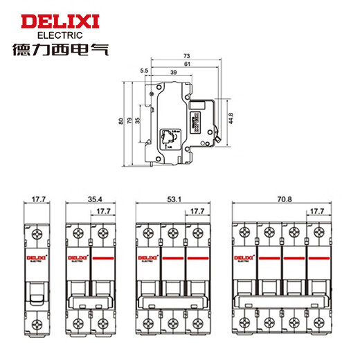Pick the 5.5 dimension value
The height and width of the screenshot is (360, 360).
pos(144,71)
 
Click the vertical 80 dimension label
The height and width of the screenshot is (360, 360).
pos(122,122)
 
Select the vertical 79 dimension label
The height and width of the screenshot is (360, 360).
pos(130,122)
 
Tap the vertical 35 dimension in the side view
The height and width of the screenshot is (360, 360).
pos(138,122)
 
